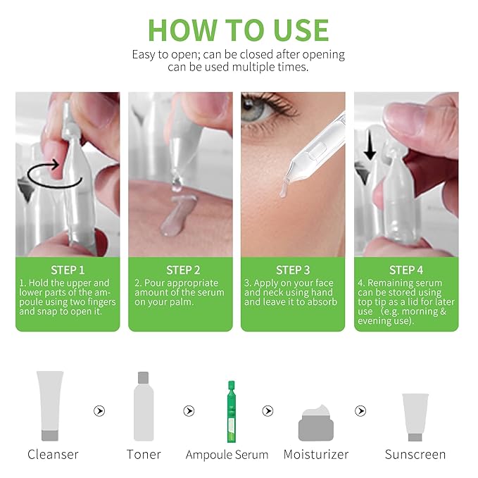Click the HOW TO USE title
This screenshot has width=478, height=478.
click(x=239, y=30)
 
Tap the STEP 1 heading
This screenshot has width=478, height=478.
click(x=68, y=270)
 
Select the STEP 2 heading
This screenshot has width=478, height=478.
click(x=183, y=270)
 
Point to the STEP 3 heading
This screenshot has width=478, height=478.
click(x=293, y=270)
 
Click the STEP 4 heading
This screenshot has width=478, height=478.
click(x=406, y=270)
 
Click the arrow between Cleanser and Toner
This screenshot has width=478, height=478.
click(x=99, y=411)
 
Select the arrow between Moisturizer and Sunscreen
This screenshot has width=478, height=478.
click(x=360, y=411)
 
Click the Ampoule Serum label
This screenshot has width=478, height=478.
click(x=227, y=455)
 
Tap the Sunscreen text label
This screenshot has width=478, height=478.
click(x=415, y=455)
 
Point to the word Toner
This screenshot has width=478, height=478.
click(x=144, y=455)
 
